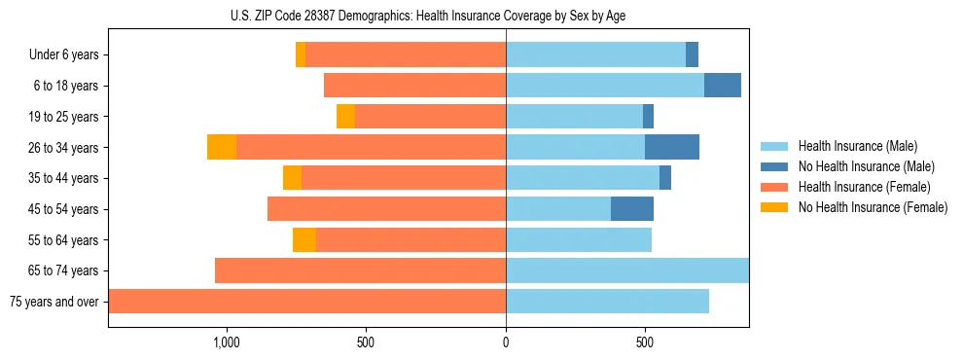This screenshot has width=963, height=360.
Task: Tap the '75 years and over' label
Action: (54, 302)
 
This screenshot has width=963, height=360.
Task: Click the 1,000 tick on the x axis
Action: (226, 343)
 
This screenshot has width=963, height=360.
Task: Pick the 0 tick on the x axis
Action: (506, 343)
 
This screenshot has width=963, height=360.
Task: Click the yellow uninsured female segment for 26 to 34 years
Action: (222, 147)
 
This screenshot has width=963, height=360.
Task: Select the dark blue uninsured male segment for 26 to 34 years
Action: (672, 147)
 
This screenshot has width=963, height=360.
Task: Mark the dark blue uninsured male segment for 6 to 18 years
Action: (723, 86)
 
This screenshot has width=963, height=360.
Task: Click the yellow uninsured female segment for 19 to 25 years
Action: (345, 117)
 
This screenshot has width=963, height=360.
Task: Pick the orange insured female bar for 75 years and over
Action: (306, 302)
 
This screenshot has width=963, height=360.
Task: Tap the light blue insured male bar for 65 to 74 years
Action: (627, 270)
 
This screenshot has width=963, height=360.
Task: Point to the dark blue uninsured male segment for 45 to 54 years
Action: (632, 209)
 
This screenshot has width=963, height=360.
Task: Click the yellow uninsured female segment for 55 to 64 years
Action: (304, 239)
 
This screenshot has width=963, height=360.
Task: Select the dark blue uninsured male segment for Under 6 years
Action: (692, 54)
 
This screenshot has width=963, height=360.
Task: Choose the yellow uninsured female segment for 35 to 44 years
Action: (292, 178)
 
